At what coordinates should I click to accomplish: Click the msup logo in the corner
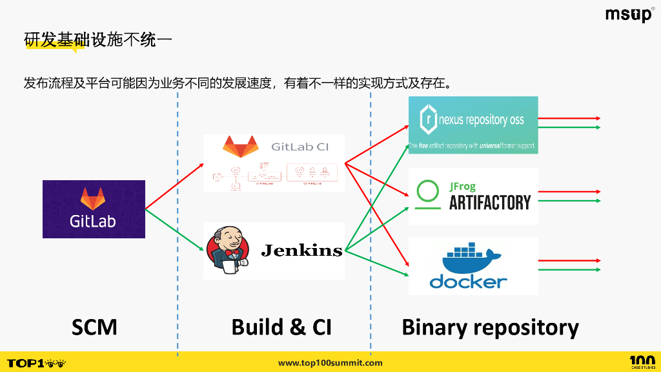pos(629,15)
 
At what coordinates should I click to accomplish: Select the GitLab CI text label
pos(300,147)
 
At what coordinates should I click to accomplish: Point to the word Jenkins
pos(301,250)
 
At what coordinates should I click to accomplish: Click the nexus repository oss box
pos(473,124)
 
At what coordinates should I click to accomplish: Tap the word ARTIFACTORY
pos(490,203)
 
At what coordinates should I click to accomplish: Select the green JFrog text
pos(463,187)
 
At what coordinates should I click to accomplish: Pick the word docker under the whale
pos(469,282)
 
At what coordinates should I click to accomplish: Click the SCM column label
pos(94,327)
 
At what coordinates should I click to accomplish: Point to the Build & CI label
pos(281,327)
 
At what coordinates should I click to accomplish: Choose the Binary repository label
pos(490,327)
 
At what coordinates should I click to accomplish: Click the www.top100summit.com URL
pos(330,363)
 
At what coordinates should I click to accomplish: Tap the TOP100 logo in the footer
pos(36,363)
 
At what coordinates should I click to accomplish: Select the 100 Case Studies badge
pos(642,362)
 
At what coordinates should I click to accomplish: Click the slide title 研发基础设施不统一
pos(97,39)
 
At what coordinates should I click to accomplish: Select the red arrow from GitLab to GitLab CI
pos(174,187)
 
